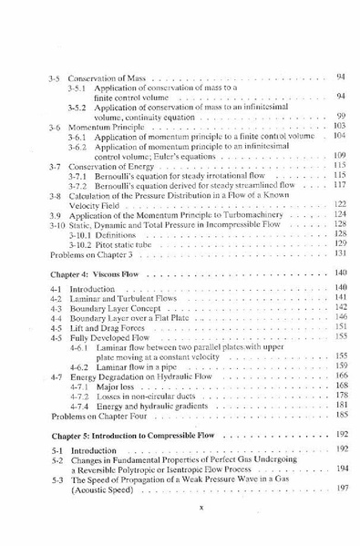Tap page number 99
(340, 116)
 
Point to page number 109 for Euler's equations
(340, 155)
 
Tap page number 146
(340, 315)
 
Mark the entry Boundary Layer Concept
(116, 305)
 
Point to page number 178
(340, 396)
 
